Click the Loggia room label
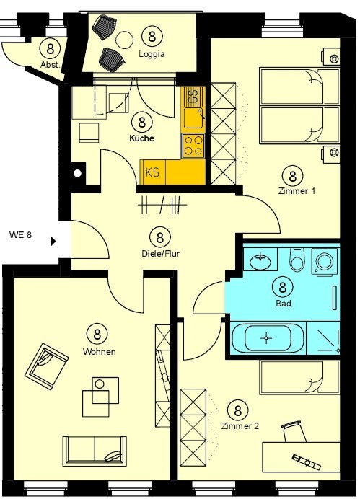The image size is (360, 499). point(152,54)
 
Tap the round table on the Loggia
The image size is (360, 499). point(124,40)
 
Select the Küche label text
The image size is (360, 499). point(141,138)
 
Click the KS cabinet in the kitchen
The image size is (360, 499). point(153,172)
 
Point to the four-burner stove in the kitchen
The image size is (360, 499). point(193,146)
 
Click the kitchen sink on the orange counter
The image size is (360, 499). point(193,118)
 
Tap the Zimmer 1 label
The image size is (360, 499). point(297,191)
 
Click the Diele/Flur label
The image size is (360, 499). point(160,254)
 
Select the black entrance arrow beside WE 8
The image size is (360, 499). point(53,242)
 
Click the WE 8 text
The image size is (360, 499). point(20,235)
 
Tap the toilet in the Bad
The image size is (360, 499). point(297,260)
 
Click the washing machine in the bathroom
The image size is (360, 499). point(325,262)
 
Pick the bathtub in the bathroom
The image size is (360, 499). point(268,338)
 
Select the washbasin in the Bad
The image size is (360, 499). point(260,260)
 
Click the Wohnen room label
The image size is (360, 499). point(100,352)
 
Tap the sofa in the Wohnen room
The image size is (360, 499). point(95,451)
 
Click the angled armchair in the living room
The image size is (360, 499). point(46,366)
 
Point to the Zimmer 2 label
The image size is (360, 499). point(240,425)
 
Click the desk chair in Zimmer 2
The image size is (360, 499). point(293,431)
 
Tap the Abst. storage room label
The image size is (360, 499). point(50,65)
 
